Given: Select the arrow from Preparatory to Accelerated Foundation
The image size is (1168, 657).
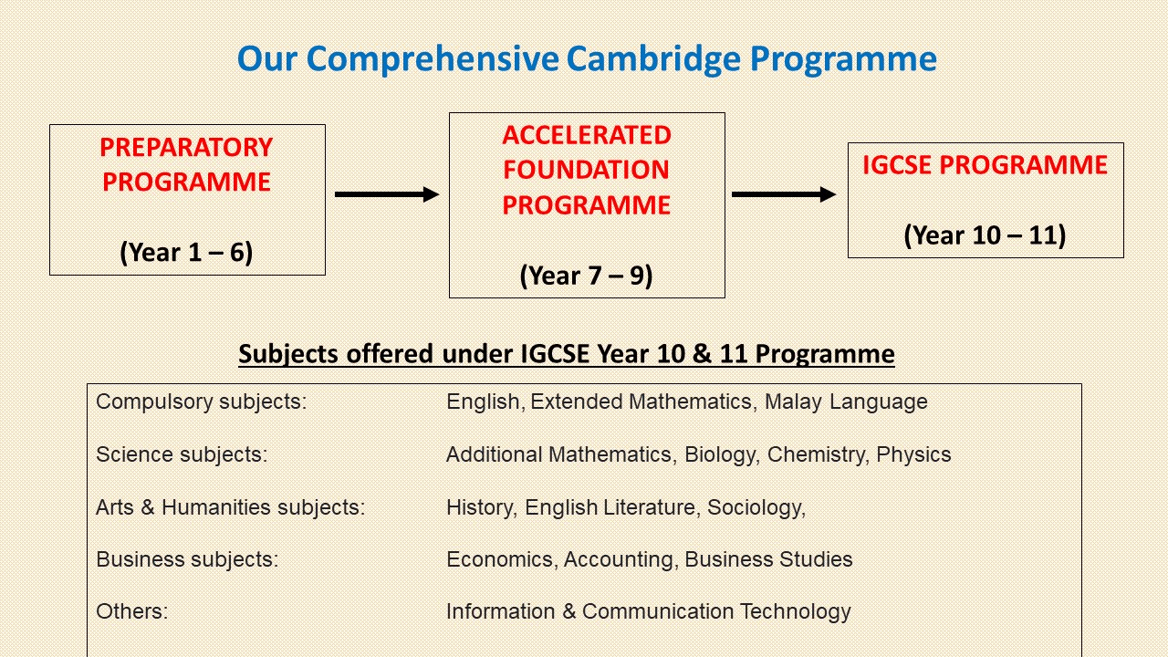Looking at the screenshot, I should click(387, 194).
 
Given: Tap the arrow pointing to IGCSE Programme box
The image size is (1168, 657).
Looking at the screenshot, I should click(784, 194).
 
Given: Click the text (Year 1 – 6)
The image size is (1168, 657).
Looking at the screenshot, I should click(186, 252).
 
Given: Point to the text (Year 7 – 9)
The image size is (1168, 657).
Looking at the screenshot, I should click(586, 275).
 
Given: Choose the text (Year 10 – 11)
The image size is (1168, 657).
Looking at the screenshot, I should click(985, 235).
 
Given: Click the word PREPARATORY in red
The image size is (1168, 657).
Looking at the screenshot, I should click(186, 147).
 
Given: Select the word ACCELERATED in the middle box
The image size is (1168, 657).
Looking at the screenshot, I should click(586, 135).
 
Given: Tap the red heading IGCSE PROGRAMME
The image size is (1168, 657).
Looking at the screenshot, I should click(985, 165).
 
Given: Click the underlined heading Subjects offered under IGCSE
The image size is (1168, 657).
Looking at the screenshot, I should click(566, 353).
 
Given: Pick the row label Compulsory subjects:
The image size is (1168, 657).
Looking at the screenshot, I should click(202, 401).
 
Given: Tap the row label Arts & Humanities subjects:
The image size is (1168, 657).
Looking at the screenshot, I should click(230, 507).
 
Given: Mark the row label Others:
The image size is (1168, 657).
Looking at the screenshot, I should click(131, 611).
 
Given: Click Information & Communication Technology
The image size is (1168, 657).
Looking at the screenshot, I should click(648, 611).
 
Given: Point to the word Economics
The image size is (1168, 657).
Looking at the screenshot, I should click(500, 559).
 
